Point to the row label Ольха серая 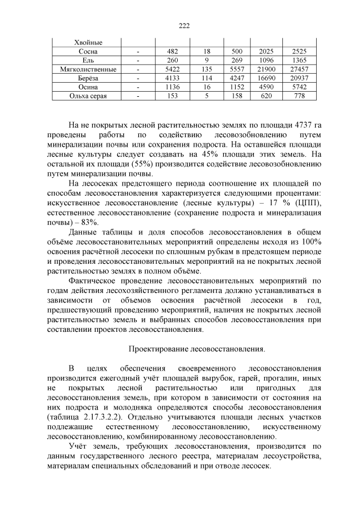click(x=88, y=96)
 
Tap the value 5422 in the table click(x=173, y=69)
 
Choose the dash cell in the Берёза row click(x=138, y=78)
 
